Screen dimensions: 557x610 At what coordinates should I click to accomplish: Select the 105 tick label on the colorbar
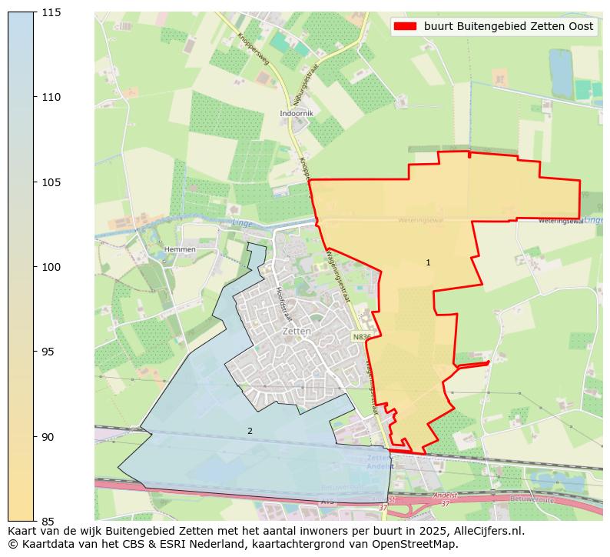tap(51, 182)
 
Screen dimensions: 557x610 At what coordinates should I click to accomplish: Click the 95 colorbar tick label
tap(48, 352)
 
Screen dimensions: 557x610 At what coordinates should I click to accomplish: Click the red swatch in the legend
tap(405, 26)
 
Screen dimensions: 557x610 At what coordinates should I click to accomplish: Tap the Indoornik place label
tap(296, 113)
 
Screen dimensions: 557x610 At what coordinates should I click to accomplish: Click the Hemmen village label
tap(180, 249)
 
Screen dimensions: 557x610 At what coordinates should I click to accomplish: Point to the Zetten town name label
tap(297, 331)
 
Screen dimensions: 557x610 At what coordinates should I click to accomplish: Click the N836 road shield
tap(362, 337)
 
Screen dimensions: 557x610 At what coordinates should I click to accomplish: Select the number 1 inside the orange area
tap(428, 263)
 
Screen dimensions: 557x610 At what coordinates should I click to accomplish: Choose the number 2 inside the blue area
tap(250, 431)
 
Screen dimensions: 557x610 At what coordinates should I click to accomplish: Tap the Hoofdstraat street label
tap(283, 304)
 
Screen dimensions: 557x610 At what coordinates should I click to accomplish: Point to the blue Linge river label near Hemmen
tap(242, 223)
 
